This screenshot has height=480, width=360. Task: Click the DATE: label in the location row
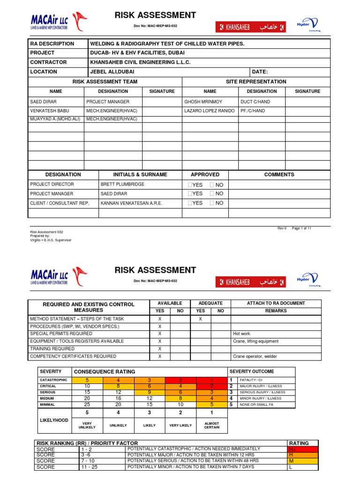coord(260,72)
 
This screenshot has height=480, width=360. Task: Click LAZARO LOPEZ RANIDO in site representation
coord(210,111)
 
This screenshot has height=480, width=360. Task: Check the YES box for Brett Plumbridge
coord(190,185)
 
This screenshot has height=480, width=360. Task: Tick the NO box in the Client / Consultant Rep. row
coord(212,203)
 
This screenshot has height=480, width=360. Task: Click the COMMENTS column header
coord(279,174)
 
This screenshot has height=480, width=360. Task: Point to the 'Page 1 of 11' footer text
coord(302,228)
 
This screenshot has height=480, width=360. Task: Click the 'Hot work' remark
coord(242,334)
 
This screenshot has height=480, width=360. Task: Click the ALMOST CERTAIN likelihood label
coord(211,425)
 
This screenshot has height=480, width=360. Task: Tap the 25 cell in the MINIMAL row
coord(87,404)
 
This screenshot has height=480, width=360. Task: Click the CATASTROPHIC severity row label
coord(53,380)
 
